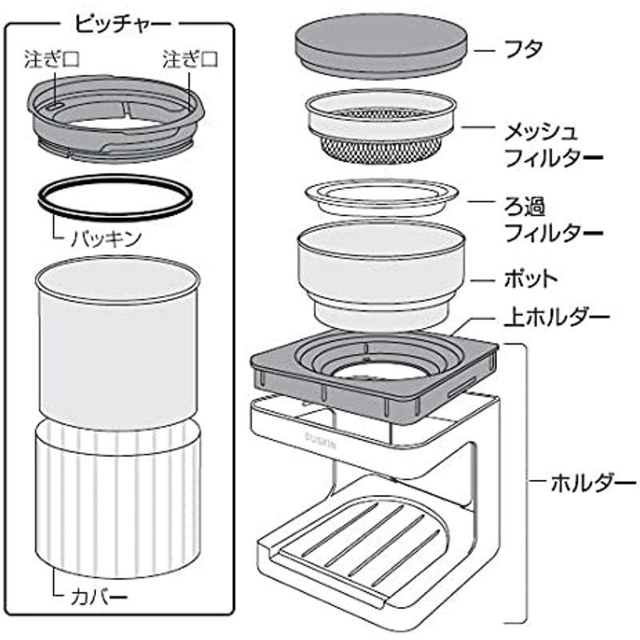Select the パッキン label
[105, 237]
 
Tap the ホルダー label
[593, 483]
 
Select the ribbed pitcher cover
[118, 496]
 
